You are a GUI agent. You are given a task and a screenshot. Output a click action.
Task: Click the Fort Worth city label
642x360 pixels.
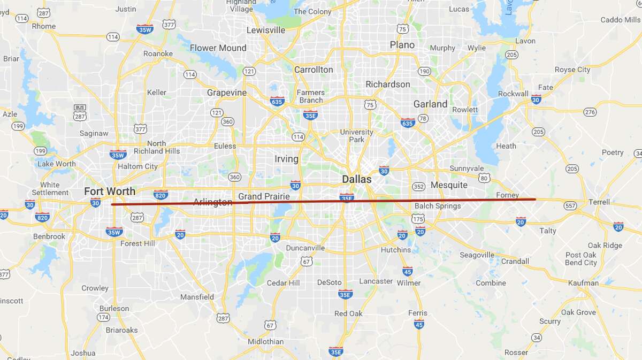(110, 191)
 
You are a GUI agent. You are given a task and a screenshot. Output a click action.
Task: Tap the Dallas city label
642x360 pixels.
(357, 179)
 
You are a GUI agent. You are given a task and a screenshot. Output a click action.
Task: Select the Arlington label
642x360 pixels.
(212, 202)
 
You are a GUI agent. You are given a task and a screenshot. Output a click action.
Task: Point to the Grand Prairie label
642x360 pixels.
(264, 196)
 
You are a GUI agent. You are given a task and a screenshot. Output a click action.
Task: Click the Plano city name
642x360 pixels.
(402, 45)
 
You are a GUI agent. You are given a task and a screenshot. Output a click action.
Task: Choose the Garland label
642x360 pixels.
(430, 104)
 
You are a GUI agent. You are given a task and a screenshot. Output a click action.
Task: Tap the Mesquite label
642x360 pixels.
(449, 185)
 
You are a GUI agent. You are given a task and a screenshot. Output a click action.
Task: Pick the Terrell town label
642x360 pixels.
(599, 202)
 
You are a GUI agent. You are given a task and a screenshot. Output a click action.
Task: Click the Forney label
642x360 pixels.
(507, 195)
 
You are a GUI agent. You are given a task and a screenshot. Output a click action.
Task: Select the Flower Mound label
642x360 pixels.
(218, 48)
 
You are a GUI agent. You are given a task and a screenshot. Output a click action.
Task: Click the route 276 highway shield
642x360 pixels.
(590, 112)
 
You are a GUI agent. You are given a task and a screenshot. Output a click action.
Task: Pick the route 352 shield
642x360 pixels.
(418, 187)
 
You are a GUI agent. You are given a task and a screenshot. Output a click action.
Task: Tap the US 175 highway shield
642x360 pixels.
(418, 218)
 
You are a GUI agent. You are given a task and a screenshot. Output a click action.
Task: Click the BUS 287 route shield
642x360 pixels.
(80, 112)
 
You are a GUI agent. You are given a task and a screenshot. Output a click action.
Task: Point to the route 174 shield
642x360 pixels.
(103, 317)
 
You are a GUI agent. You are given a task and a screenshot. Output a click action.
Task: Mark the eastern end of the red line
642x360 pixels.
(535, 200)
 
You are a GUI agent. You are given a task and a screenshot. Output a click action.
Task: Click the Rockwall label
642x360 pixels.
(513, 94)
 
